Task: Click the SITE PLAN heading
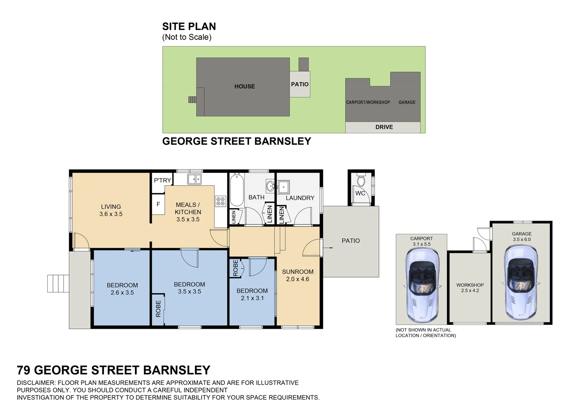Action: click(189, 26)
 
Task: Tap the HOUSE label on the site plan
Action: click(245, 86)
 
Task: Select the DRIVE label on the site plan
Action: click(384, 127)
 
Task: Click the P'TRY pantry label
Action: click(162, 180)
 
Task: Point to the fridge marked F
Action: click(159, 204)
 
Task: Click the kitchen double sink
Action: click(195, 179)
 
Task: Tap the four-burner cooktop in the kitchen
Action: click(221, 201)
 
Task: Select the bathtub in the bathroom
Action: click(237, 190)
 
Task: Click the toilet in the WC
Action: click(361, 180)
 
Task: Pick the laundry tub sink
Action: click(284, 187)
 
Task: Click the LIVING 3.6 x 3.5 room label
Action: click(111, 210)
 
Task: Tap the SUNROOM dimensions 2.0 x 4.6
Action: click(298, 279)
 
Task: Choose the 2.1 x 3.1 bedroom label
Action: click(252, 298)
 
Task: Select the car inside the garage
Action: click(521, 282)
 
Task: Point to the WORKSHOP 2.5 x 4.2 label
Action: click(470, 288)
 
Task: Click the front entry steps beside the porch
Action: click(58, 283)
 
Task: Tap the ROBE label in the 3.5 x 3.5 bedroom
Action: click(158, 309)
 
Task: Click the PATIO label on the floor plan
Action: click(350, 241)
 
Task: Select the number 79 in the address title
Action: click(24, 370)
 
